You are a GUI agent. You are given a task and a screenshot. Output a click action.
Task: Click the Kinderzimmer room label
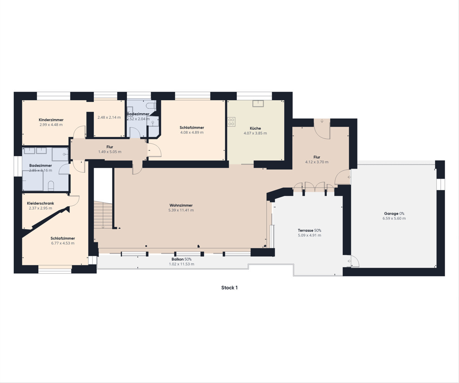pos(51,120)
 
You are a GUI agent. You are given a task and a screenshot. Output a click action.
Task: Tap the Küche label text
pos(255,128)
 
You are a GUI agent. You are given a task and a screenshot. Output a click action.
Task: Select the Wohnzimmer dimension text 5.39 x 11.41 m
pos(181,210)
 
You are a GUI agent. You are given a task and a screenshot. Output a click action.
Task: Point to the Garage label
pos(391,214)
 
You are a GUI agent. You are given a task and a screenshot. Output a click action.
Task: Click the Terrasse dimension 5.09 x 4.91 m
pos(309,235)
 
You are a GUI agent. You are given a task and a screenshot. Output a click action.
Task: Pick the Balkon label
pos(177,259)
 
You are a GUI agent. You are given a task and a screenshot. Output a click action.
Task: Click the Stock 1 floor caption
pos(229,288)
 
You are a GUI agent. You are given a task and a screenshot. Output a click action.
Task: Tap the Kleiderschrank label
pos(41,204)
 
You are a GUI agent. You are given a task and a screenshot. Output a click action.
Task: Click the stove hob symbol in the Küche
pos(231,122)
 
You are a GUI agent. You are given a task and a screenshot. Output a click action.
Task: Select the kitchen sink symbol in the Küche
pos(258,104)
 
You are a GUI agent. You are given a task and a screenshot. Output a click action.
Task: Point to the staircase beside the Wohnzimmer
pos(103,215)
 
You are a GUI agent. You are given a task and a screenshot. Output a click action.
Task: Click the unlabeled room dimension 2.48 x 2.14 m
pos(109,117)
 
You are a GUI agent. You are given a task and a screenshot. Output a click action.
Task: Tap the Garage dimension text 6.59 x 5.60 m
pos(394,218)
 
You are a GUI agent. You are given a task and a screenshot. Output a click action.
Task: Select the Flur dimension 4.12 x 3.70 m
pos(317,162)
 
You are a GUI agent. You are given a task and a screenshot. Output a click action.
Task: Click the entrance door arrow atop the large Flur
pos(322,121)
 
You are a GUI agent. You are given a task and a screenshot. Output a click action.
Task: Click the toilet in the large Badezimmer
pos(51,186)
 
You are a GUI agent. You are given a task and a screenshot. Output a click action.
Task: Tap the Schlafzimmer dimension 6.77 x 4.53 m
pos(63,243)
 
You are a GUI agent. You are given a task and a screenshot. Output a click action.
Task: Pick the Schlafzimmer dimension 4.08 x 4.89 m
pos(192,132)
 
